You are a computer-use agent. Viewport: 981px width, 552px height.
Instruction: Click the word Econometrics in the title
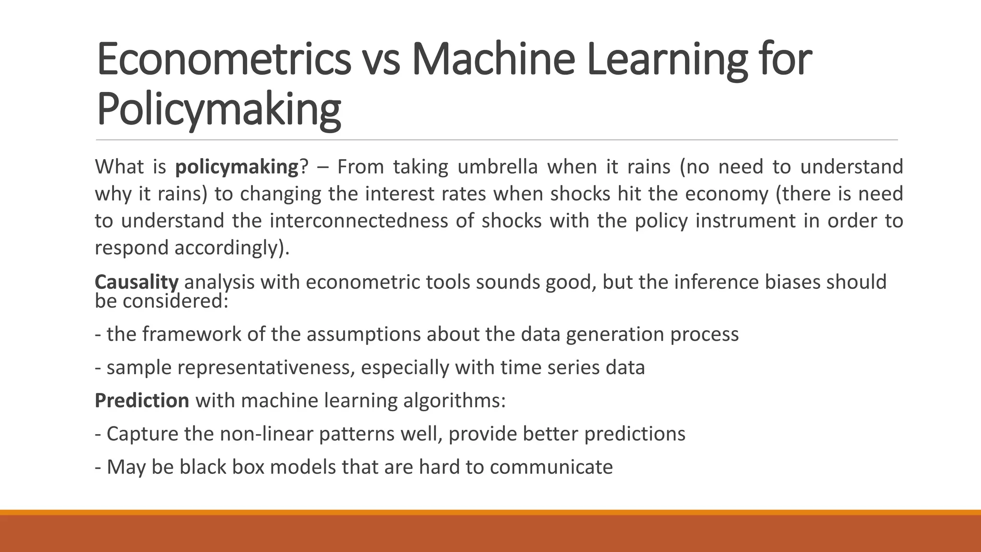tap(224, 59)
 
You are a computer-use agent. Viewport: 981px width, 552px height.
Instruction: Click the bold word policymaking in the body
tap(237, 167)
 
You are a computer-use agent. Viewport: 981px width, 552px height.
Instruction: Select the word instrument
tap(743, 221)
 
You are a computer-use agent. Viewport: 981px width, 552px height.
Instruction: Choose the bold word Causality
tap(137, 282)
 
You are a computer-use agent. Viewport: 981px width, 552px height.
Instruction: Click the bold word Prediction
tap(142, 401)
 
